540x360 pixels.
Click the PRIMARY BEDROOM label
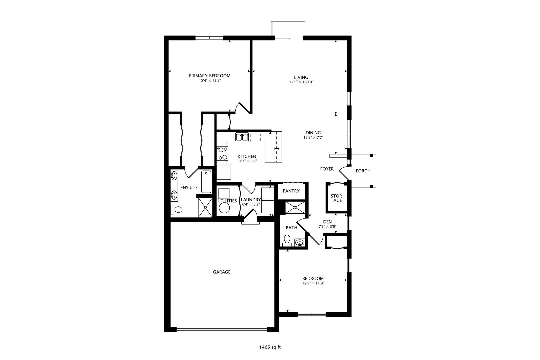click(209, 76)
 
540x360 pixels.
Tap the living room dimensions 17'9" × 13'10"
click(301, 82)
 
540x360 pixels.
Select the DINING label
click(313, 133)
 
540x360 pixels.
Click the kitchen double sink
click(242, 137)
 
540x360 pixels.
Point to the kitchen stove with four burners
click(222, 154)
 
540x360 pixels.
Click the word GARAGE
click(222, 272)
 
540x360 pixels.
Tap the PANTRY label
click(291, 191)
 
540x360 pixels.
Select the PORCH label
click(363, 171)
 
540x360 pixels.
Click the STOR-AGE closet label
click(337, 198)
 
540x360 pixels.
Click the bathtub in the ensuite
click(206, 182)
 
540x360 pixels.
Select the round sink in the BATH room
click(300, 243)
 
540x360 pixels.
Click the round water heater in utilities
click(224, 208)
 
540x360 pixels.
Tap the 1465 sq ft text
click(270, 347)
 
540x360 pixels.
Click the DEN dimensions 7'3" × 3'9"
click(327, 227)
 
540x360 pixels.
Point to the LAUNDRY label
click(251, 200)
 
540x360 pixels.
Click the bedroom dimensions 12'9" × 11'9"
click(313, 283)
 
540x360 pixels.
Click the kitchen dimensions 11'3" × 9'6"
click(247, 161)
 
